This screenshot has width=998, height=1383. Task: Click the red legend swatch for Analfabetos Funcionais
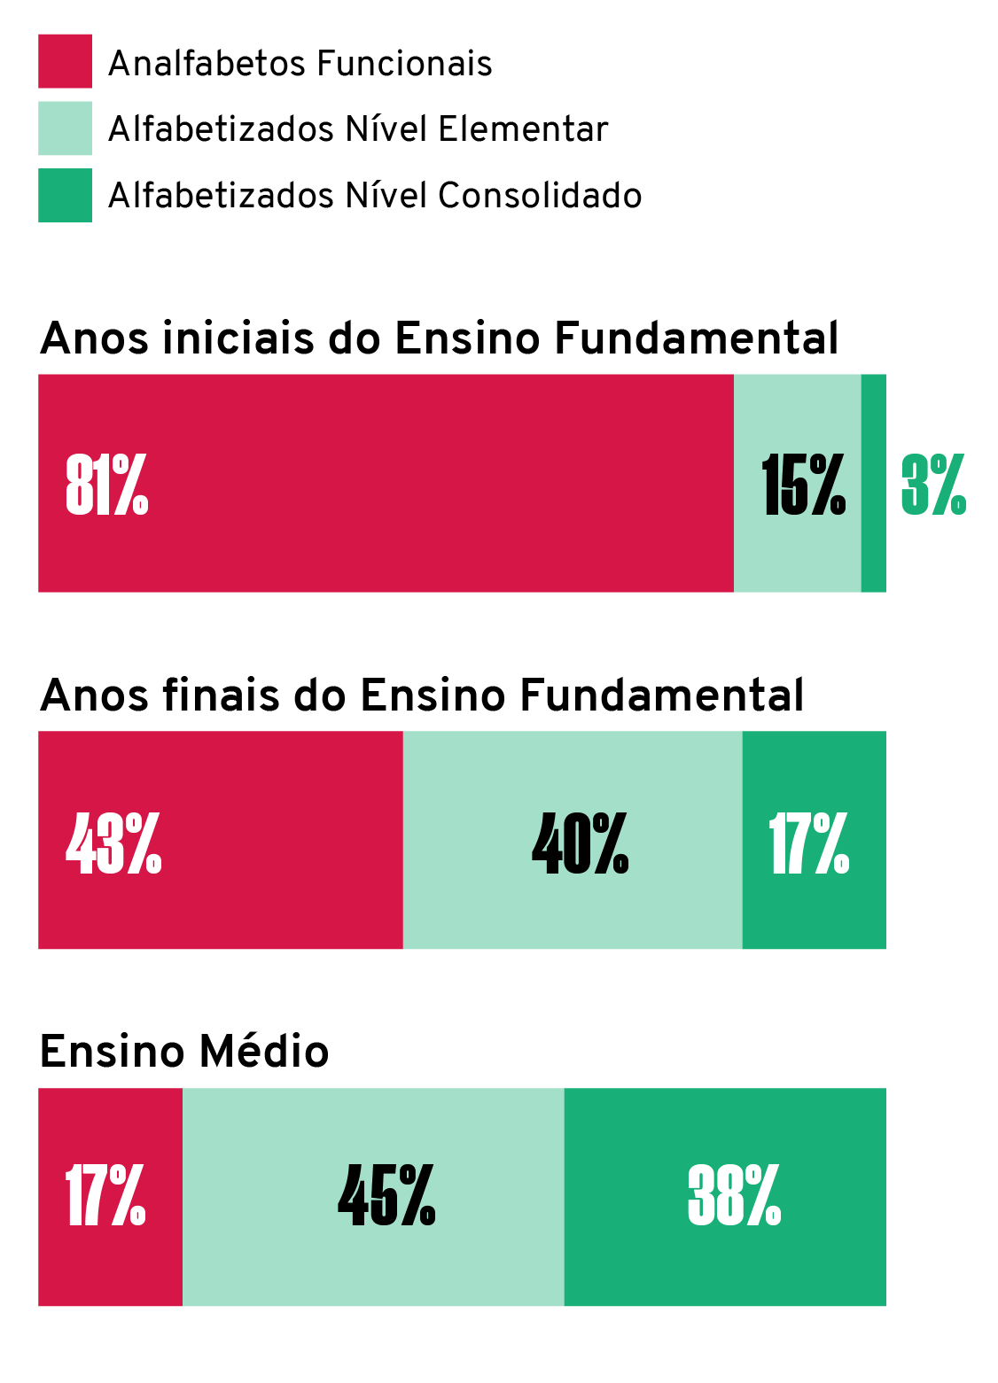coord(65,61)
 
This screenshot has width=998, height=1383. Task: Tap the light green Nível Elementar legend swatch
coord(65,128)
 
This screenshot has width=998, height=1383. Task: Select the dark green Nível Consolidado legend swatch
coord(65,195)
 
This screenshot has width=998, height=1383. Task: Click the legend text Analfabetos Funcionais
coord(300,64)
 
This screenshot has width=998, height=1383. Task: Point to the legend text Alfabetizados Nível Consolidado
coord(375,196)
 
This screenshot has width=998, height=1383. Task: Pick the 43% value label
coord(113,843)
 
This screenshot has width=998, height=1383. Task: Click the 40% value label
coord(580,843)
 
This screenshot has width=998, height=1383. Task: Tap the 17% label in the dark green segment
coord(808,843)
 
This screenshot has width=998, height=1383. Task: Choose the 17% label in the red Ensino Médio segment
coord(105,1196)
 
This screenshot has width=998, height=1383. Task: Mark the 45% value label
coord(386,1196)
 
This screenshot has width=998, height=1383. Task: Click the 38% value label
coord(734,1196)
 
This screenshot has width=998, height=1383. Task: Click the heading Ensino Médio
coord(184,1053)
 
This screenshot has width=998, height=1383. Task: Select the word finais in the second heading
coord(222,695)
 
